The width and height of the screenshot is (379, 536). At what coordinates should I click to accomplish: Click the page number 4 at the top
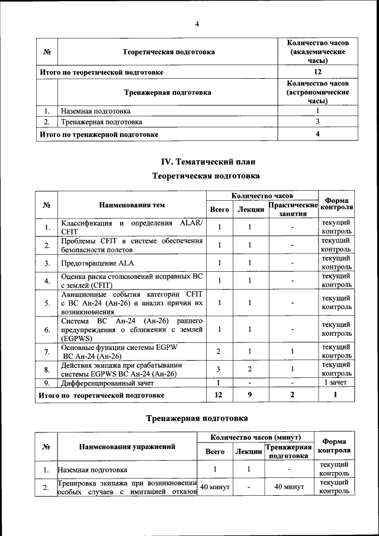[x=197, y=24]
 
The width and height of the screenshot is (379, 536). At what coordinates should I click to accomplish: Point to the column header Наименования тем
[x=131, y=205]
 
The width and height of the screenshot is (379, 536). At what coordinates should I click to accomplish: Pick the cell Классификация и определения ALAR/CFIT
[x=131, y=227]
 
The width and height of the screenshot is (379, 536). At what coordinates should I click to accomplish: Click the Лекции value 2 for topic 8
[x=250, y=370]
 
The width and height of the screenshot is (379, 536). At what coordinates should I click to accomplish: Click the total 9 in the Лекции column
[x=250, y=394]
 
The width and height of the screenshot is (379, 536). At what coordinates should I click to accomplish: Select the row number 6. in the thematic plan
[x=47, y=329]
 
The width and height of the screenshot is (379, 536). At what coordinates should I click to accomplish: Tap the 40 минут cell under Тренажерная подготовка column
[x=288, y=487]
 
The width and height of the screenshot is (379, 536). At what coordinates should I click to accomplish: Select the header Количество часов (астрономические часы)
[x=317, y=92]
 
